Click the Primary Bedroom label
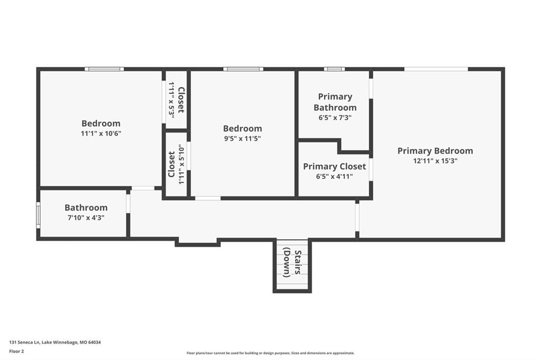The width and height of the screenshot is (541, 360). (435, 150)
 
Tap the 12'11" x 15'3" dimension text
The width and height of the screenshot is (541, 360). (435, 160)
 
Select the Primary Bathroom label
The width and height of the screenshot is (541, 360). (335, 102)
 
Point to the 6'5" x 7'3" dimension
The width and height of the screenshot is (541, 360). (335, 118)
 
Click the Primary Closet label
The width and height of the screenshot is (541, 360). (334, 167)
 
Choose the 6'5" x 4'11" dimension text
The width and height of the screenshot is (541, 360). (334, 176)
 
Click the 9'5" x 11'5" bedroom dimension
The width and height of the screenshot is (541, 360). (242, 139)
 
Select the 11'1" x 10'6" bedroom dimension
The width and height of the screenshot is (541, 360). (101, 134)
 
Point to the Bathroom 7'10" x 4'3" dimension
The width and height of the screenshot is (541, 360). (86, 217)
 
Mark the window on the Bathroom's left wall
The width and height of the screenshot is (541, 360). (38, 215)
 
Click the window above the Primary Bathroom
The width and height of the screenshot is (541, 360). (334, 69)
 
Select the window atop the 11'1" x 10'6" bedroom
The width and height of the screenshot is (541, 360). (104, 69)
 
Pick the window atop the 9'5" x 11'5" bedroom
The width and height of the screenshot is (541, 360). (243, 69)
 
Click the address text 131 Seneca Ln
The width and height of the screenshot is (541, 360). (25, 343)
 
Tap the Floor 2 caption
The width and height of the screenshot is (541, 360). (16, 352)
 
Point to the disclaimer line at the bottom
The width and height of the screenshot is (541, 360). (270, 353)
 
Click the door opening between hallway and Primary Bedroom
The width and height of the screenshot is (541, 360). (357, 217)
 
